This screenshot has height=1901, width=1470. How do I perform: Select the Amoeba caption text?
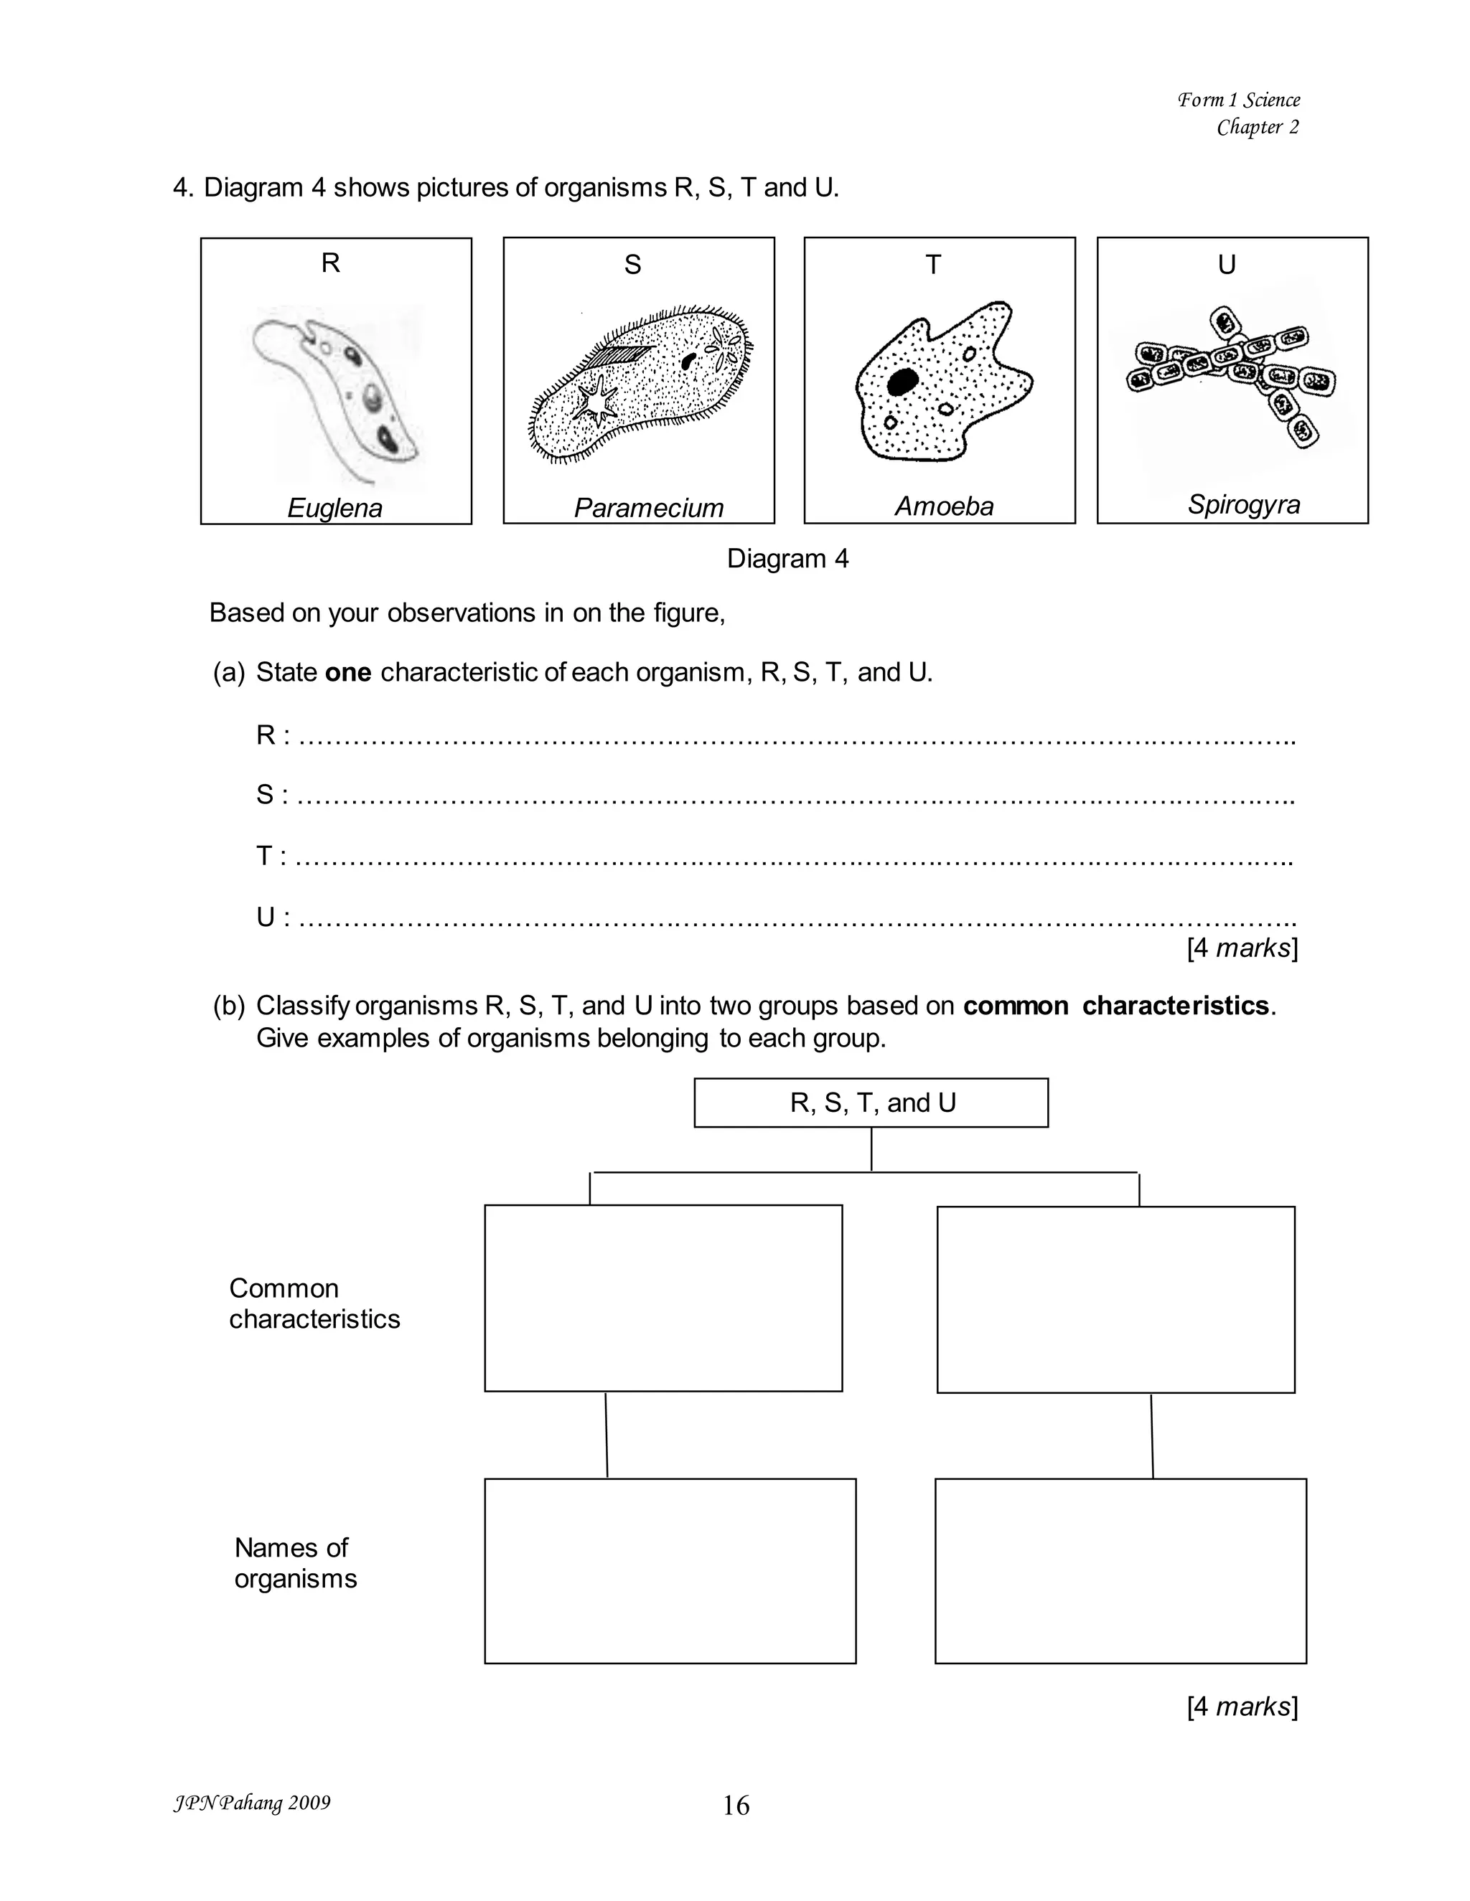coord(944,506)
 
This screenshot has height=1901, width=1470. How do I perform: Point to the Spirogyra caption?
coord(1244,505)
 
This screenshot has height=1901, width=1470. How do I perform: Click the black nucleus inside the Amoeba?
coord(902,381)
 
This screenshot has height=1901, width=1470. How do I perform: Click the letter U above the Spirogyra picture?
coord(1227,265)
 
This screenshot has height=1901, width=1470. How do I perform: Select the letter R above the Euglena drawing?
coord(330,263)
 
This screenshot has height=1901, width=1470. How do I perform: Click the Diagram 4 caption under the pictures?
coord(787,559)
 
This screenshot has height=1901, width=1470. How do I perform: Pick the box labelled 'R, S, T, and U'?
coord(871,1103)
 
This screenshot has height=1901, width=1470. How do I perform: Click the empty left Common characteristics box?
coord(664,1298)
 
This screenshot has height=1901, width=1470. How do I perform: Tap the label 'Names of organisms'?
coord(295,1563)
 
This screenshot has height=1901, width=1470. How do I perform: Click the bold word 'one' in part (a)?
coord(348,673)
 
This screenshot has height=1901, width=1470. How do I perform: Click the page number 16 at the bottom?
coord(736,1806)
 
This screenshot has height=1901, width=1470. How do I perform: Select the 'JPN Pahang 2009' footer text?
coord(253,1803)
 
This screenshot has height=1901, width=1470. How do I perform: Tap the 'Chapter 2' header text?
coord(1258,127)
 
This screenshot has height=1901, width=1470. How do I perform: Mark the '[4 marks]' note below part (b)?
coord(1242,1707)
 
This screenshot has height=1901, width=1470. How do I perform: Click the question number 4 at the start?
coord(183,188)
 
